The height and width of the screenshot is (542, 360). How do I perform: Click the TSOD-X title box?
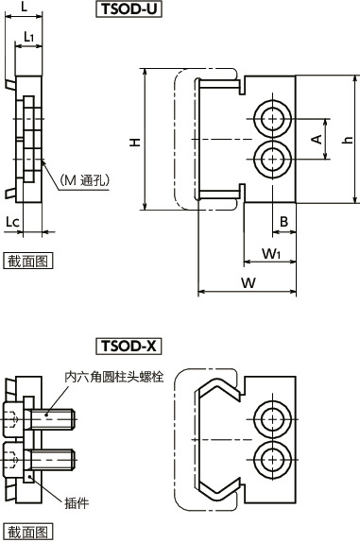click(x=129, y=346)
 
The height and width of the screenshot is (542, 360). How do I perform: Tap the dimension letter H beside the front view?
click(x=135, y=142)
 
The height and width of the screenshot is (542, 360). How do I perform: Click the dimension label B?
click(x=283, y=222)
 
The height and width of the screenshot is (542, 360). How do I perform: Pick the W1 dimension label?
click(x=271, y=253)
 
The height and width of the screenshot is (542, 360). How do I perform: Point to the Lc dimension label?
click(x=11, y=221)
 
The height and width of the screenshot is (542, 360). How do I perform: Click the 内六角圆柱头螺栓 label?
click(x=113, y=377)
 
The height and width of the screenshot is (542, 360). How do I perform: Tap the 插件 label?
click(x=77, y=501)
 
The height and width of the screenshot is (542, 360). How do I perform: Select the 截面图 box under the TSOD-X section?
click(x=27, y=533)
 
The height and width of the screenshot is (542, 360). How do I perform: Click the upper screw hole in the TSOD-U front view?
click(x=271, y=121)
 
